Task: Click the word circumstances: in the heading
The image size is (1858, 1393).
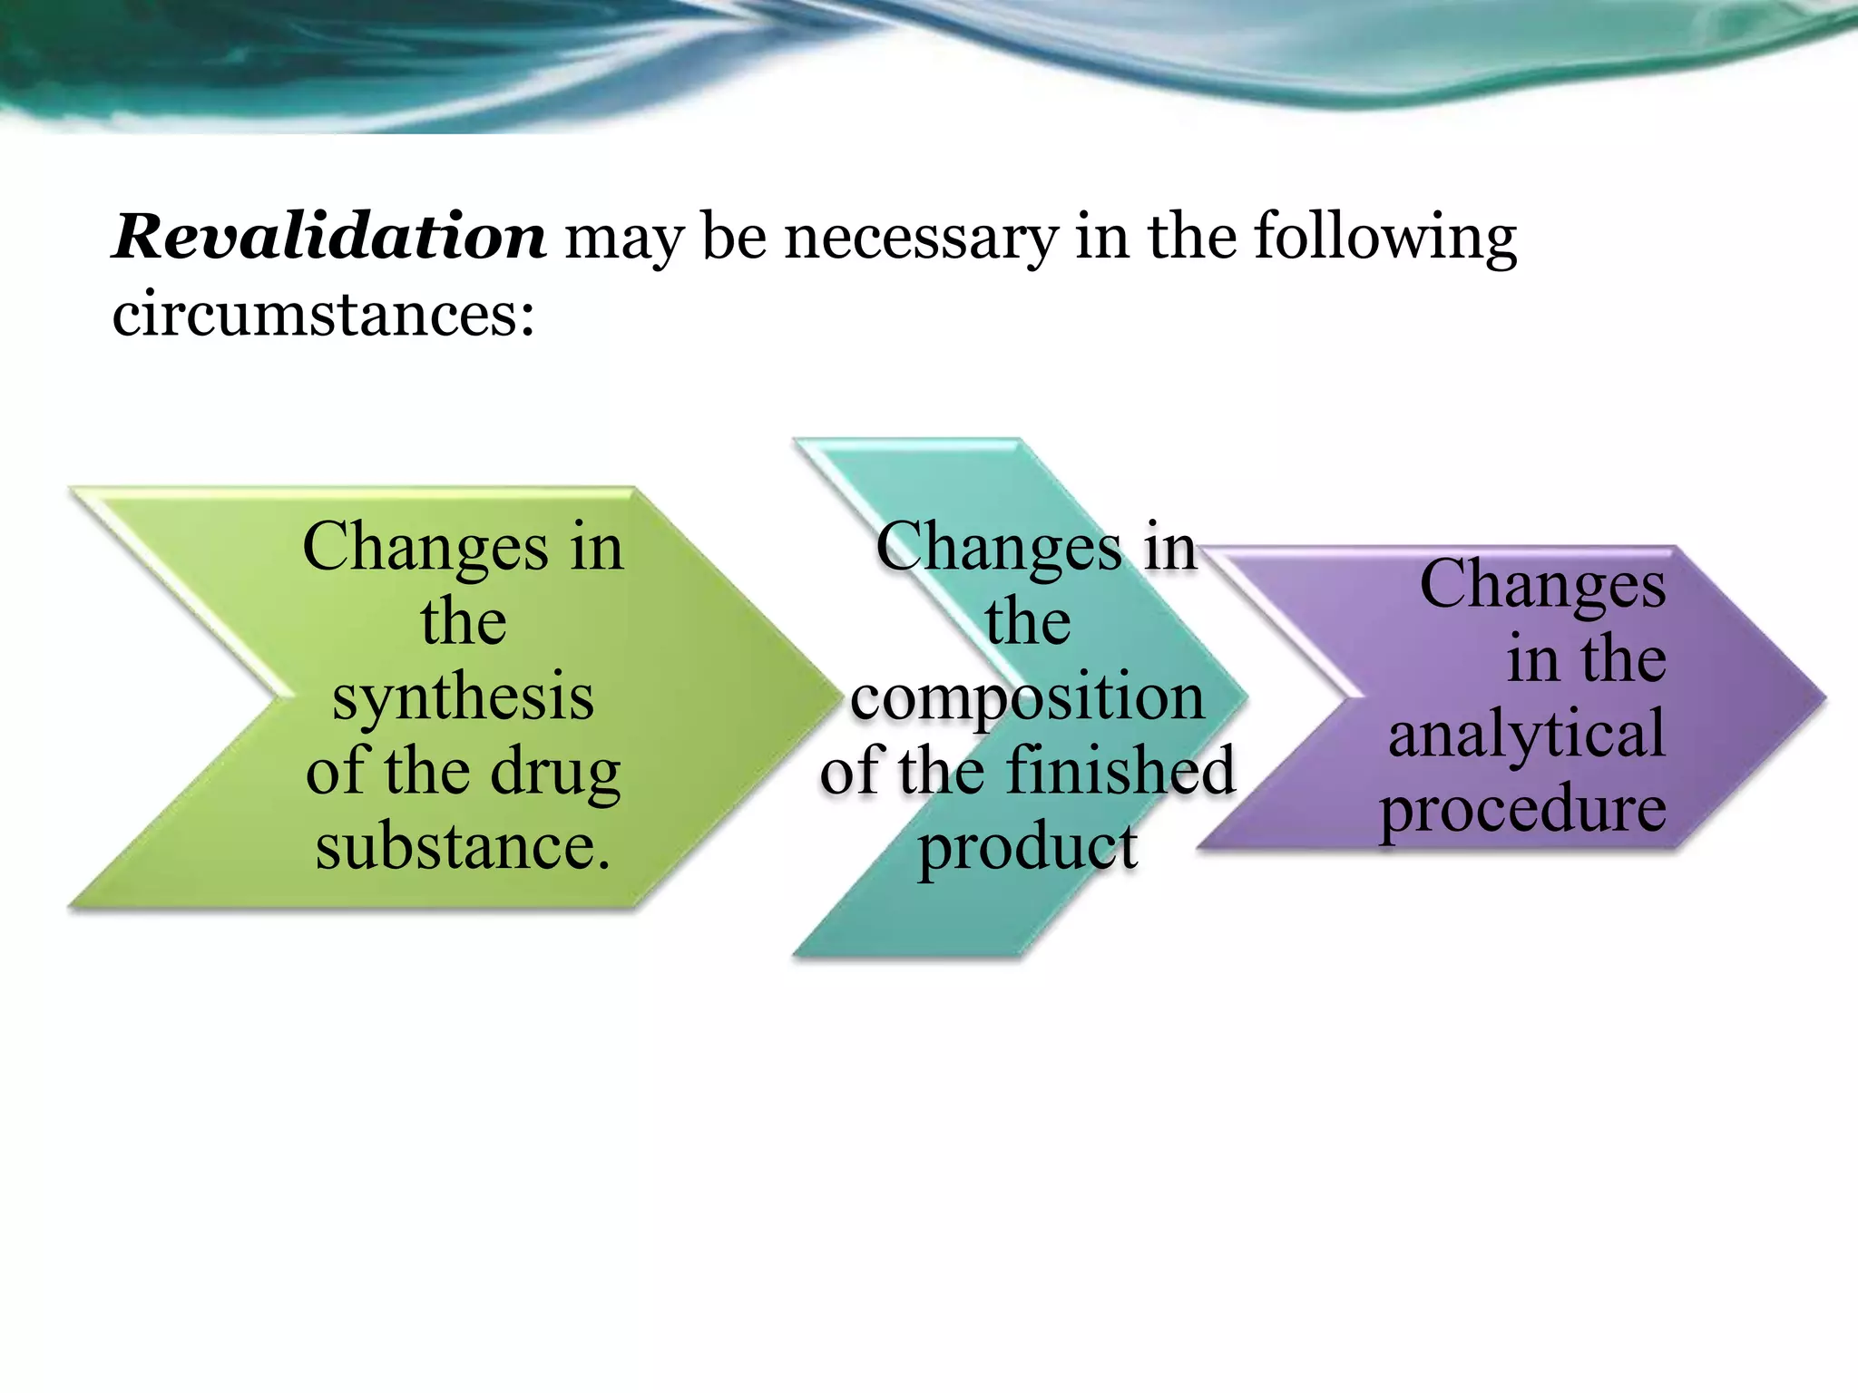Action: pyautogui.click(x=324, y=315)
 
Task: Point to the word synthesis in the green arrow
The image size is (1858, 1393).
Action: pyautogui.click(x=463, y=697)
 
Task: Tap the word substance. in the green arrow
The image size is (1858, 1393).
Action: pyautogui.click(x=463, y=846)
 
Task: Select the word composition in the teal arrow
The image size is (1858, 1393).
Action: pyautogui.click(x=1027, y=699)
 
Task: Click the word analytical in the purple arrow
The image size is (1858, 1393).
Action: pyautogui.click(x=1526, y=734)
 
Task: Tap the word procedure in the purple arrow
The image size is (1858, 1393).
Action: pyautogui.click(x=1522, y=809)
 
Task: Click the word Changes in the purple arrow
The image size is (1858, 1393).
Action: pyautogui.click(x=1542, y=584)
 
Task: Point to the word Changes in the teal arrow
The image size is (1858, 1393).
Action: pyautogui.click(x=999, y=549)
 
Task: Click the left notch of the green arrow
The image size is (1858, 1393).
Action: pyautogui.click(x=281, y=697)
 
